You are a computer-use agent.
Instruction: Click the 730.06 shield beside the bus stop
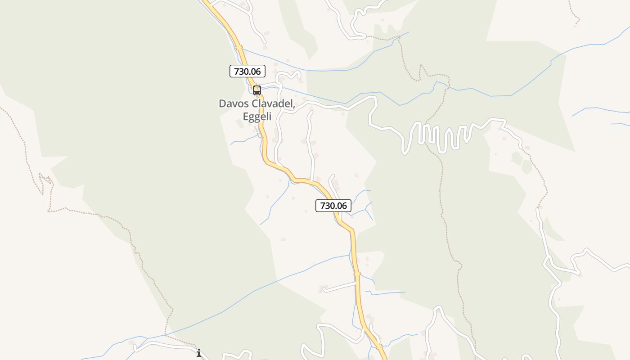click(x=247, y=71)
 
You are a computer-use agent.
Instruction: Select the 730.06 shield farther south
click(x=333, y=206)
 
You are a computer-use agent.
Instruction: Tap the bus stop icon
click(x=257, y=90)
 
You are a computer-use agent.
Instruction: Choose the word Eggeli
click(x=257, y=117)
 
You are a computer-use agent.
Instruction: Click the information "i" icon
click(x=199, y=353)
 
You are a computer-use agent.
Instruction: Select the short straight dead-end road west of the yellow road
click(x=340, y=287)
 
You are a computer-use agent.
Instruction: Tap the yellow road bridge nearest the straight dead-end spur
click(x=357, y=274)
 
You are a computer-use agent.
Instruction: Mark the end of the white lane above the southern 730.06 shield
click(x=333, y=175)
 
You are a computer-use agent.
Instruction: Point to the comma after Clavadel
click(x=294, y=106)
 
